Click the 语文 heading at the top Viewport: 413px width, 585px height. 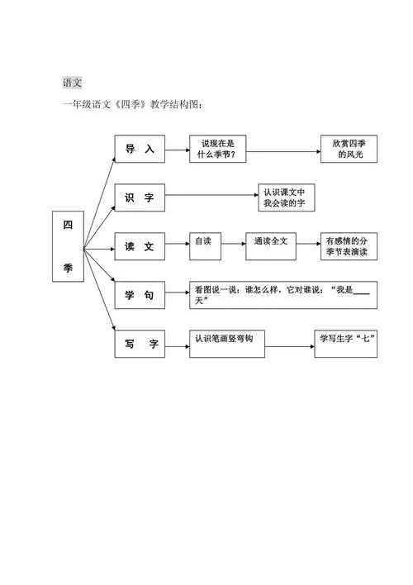point(72,83)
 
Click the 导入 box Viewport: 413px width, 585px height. point(140,150)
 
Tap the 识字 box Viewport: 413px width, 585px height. point(140,198)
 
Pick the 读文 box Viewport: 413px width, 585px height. point(140,245)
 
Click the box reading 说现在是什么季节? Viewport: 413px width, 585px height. point(218,150)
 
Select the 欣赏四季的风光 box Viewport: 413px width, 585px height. point(350,150)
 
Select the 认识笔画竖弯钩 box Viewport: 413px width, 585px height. point(228,342)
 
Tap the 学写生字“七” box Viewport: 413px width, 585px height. point(347,342)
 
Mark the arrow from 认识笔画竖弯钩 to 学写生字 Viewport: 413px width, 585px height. point(290,342)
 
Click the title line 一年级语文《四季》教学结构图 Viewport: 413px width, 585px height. point(132,105)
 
